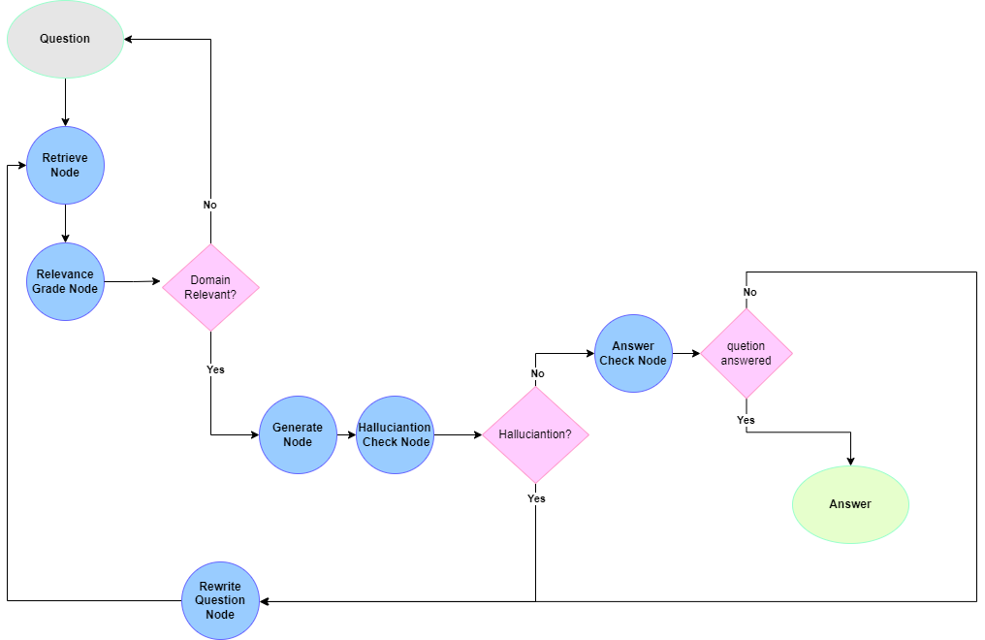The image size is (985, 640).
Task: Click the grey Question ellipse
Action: [x=65, y=39]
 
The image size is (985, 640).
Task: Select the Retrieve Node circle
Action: [x=65, y=165]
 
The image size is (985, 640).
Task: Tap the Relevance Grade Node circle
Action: [x=65, y=281]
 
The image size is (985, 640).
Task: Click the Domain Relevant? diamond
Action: [x=210, y=287]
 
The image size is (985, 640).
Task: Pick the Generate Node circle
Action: [x=298, y=434]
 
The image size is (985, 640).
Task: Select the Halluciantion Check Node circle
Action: [x=395, y=434]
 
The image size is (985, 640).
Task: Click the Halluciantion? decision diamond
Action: [x=535, y=434]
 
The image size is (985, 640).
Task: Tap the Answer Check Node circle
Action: [x=633, y=353]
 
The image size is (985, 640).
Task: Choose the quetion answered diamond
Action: [x=747, y=353]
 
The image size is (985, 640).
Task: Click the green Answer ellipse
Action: [x=850, y=504]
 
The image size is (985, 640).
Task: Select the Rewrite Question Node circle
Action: [x=220, y=600]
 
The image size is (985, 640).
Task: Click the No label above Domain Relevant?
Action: [x=210, y=205]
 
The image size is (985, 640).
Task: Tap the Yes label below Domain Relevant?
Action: [x=215, y=369]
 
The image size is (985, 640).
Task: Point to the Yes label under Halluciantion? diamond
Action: [x=536, y=498]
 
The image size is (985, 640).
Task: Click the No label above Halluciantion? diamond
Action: [x=538, y=373]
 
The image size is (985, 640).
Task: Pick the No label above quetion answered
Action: [x=750, y=292]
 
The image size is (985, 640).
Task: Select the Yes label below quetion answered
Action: [x=746, y=420]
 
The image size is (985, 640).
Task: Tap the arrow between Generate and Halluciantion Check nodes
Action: [x=346, y=434]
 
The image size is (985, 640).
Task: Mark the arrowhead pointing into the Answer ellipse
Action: [x=850, y=461]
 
